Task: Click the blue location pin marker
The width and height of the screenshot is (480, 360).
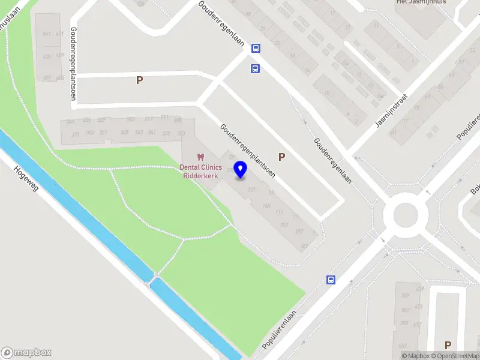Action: click(x=241, y=170)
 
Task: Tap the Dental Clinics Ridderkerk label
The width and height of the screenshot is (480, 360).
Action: click(x=201, y=171)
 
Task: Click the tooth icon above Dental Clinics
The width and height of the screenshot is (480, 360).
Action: click(x=201, y=157)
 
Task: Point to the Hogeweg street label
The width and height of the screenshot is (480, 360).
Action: click(x=26, y=179)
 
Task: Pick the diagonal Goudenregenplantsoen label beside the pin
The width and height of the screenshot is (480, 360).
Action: click(x=247, y=150)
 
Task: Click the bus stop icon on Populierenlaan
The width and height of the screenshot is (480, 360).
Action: click(x=330, y=279)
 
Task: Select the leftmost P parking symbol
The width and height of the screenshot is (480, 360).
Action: click(x=139, y=80)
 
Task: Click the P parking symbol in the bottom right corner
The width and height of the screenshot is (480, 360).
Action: click(x=447, y=345)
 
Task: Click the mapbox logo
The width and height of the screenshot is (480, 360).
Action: click(x=26, y=352)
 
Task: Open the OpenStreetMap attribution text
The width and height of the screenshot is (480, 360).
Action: click(x=455, y=356)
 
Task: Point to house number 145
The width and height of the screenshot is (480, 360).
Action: click(x=266, y=206)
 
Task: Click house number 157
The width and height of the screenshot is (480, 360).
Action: click(x=284, y=224)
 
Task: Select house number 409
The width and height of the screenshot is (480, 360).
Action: click(x=60, y=55)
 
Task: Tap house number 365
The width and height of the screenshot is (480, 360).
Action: click(x=124, y=132)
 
